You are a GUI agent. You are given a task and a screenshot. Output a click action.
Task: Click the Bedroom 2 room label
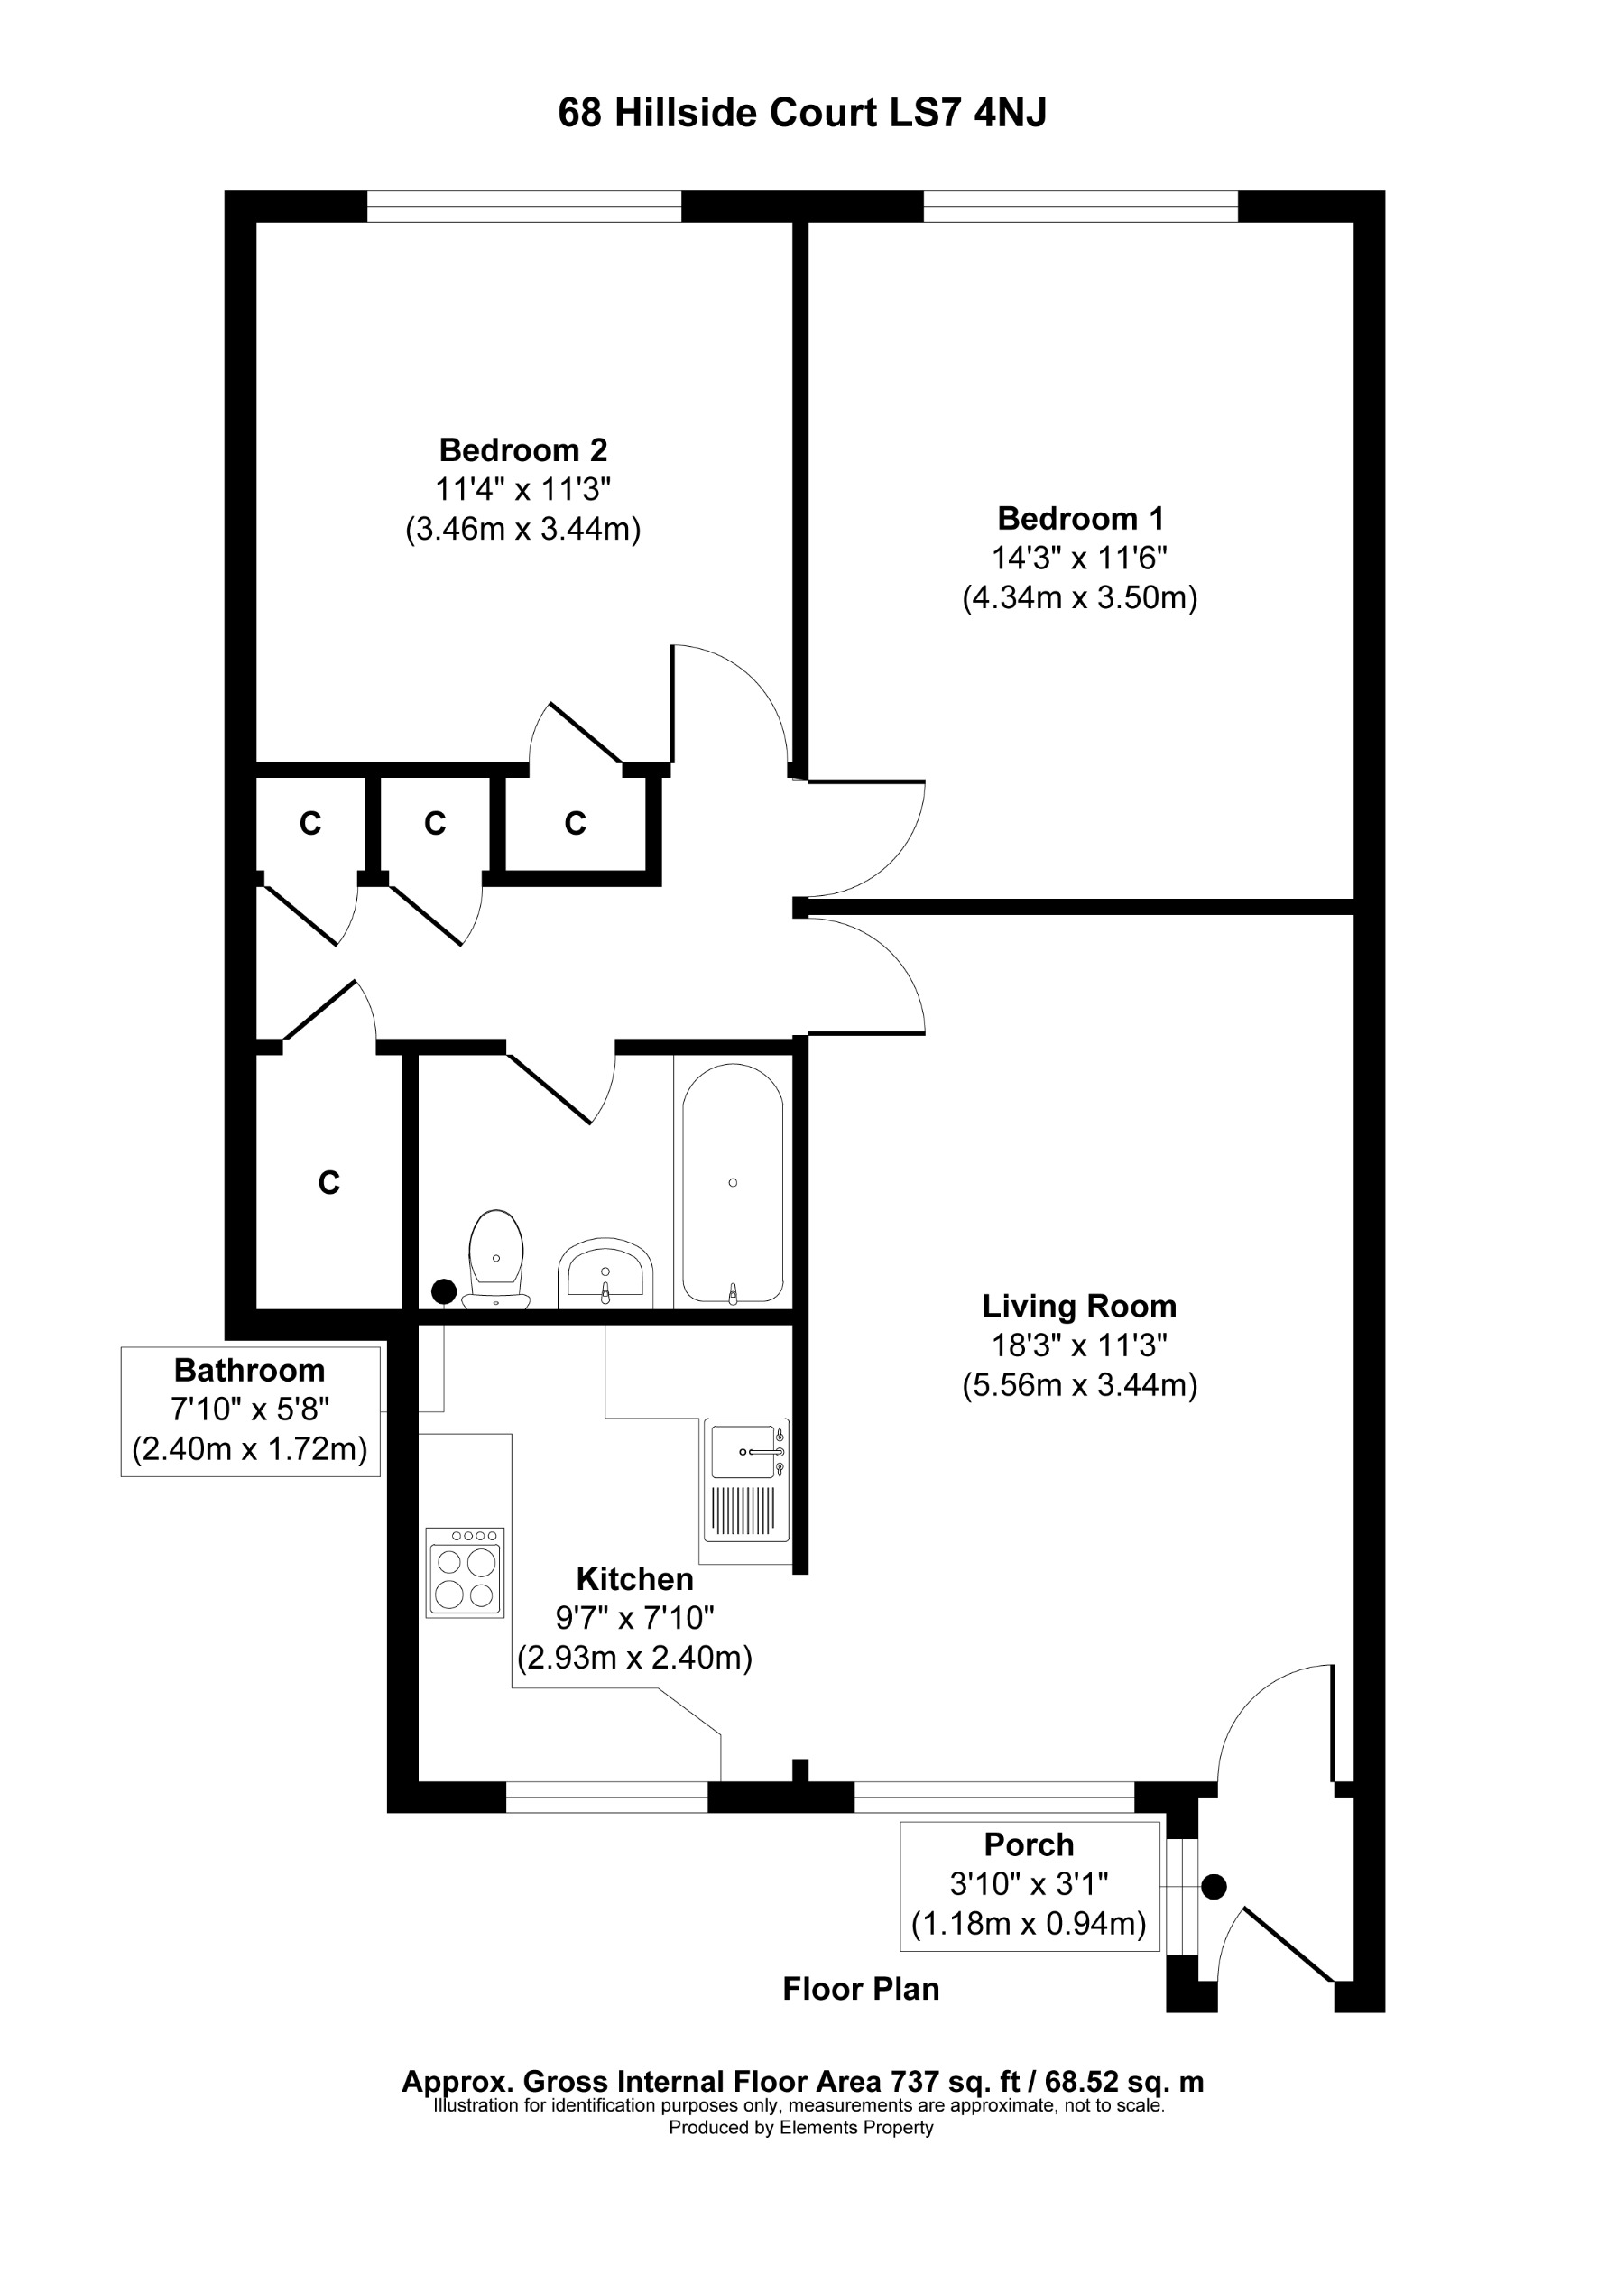coord(522,450)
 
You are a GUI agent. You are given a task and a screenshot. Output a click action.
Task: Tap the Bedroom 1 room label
coord(1079,519)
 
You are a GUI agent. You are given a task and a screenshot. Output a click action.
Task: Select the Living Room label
coord(1079,1307)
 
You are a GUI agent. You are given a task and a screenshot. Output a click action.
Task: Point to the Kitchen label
coord(634,1579)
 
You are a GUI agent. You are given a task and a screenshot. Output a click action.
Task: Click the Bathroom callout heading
coord(250,1371)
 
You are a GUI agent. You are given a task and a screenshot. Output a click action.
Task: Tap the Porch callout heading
coord(1029,1845)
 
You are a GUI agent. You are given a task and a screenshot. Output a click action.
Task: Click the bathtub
coord(733,1184)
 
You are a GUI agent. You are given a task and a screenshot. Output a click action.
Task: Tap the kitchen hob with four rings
coord(466,1573)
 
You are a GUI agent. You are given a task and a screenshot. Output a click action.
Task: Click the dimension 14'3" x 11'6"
coord(1079,559)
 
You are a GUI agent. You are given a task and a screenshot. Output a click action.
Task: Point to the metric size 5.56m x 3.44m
coord(1079,1384)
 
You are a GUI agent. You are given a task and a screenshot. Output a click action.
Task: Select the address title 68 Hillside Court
coord(802,113)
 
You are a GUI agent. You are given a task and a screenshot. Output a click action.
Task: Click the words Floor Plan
coord(861,1989)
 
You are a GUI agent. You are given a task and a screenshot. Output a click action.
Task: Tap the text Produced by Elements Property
coord(801,2128)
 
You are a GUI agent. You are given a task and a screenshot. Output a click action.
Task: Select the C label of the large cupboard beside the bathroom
coord(328,1182)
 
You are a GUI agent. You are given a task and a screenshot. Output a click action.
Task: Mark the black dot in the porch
coord(1214,1887)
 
